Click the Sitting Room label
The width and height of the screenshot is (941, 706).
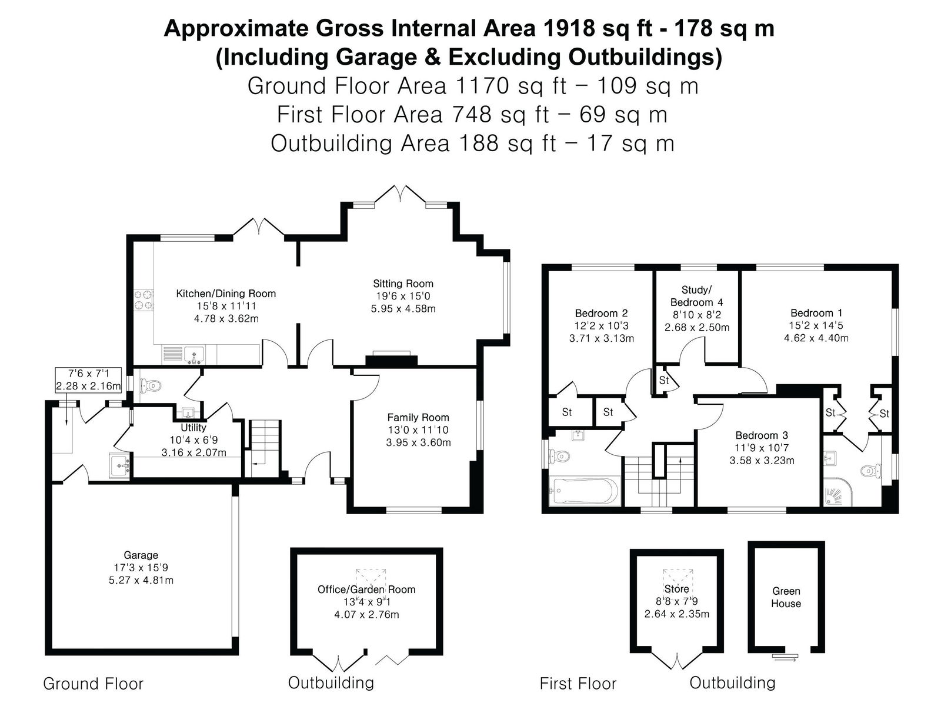coord(403,284)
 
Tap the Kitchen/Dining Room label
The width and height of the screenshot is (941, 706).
coord(226,294)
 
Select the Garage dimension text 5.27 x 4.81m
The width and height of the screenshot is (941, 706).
coord(141,581)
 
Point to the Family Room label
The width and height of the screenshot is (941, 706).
coord(418,418)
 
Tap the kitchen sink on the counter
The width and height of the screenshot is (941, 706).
coord(195,355)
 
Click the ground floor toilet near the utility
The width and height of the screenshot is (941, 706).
coord(151,386)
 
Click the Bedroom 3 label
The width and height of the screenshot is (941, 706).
coord(762,435)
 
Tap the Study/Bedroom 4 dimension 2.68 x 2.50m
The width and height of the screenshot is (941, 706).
coord(697,328)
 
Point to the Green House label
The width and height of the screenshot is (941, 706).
coord(786,597)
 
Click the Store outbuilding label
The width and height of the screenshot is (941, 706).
coord(676,589)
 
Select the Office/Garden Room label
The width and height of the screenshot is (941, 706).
coord(366,590)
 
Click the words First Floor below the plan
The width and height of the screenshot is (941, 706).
coord(578,683)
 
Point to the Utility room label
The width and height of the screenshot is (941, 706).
coord(193,427)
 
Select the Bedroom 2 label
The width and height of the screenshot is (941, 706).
coord(601,313)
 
